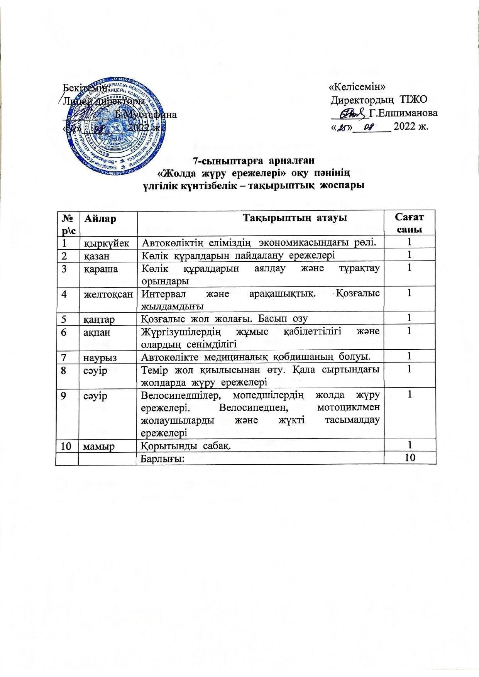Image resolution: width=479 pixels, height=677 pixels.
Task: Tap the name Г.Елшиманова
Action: point(403,113)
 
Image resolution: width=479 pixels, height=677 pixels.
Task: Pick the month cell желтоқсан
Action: point(108,294)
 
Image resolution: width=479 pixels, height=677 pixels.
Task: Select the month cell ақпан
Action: point(97,331)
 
